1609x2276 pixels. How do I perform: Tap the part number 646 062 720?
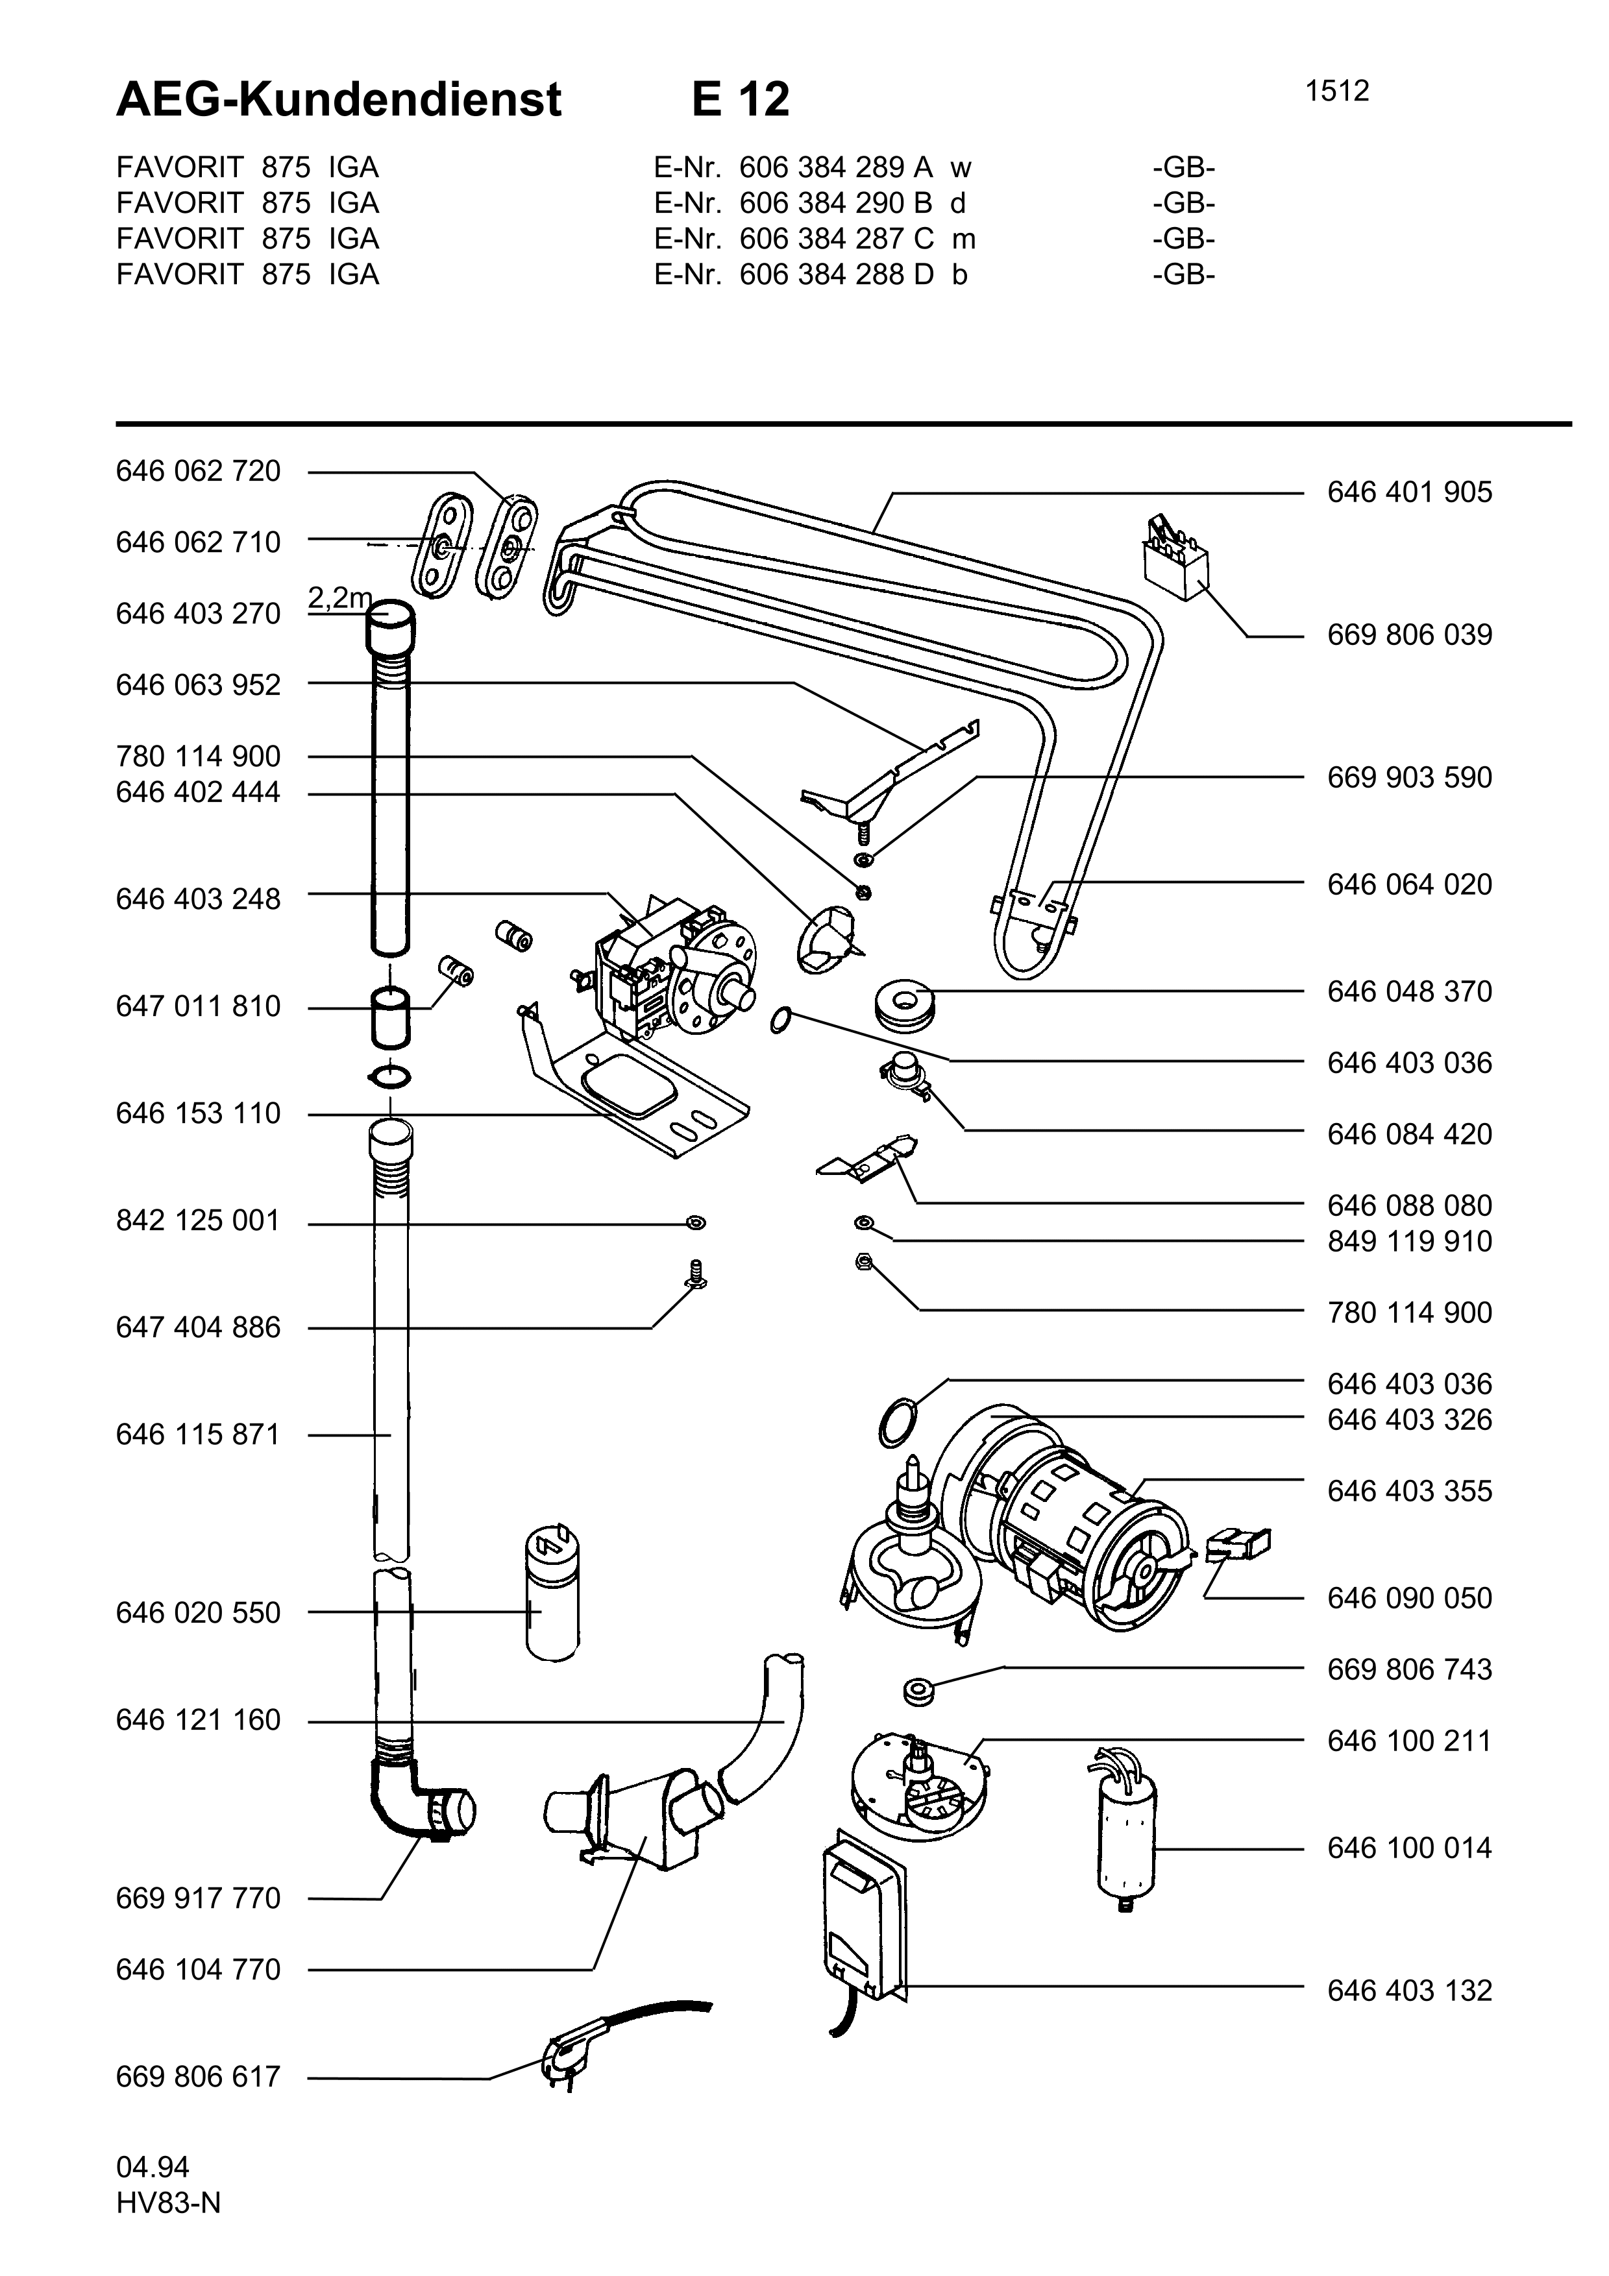pyautogui.click(x=198, y=472)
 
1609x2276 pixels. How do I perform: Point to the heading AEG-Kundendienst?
pyautogui.click(x=339, y=99)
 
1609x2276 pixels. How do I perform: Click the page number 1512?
pyautogui.click(x=1336, y=91)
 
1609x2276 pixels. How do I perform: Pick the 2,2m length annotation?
pyautogui.click(x=339, y=598)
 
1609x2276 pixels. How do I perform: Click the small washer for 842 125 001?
pyautogui.click(x=696, y=1224)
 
